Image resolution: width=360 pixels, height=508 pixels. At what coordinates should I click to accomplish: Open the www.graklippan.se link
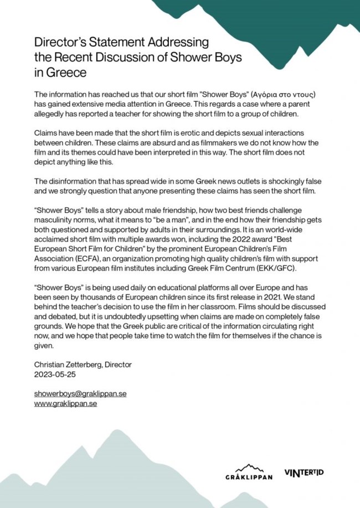(x=65, y=403)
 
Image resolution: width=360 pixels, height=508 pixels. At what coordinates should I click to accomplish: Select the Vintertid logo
(x=304, y=473)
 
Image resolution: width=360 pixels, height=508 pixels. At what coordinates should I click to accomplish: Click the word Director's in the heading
(x=62, y=42)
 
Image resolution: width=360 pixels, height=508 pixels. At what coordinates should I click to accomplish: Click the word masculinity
(x=56, y=221)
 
